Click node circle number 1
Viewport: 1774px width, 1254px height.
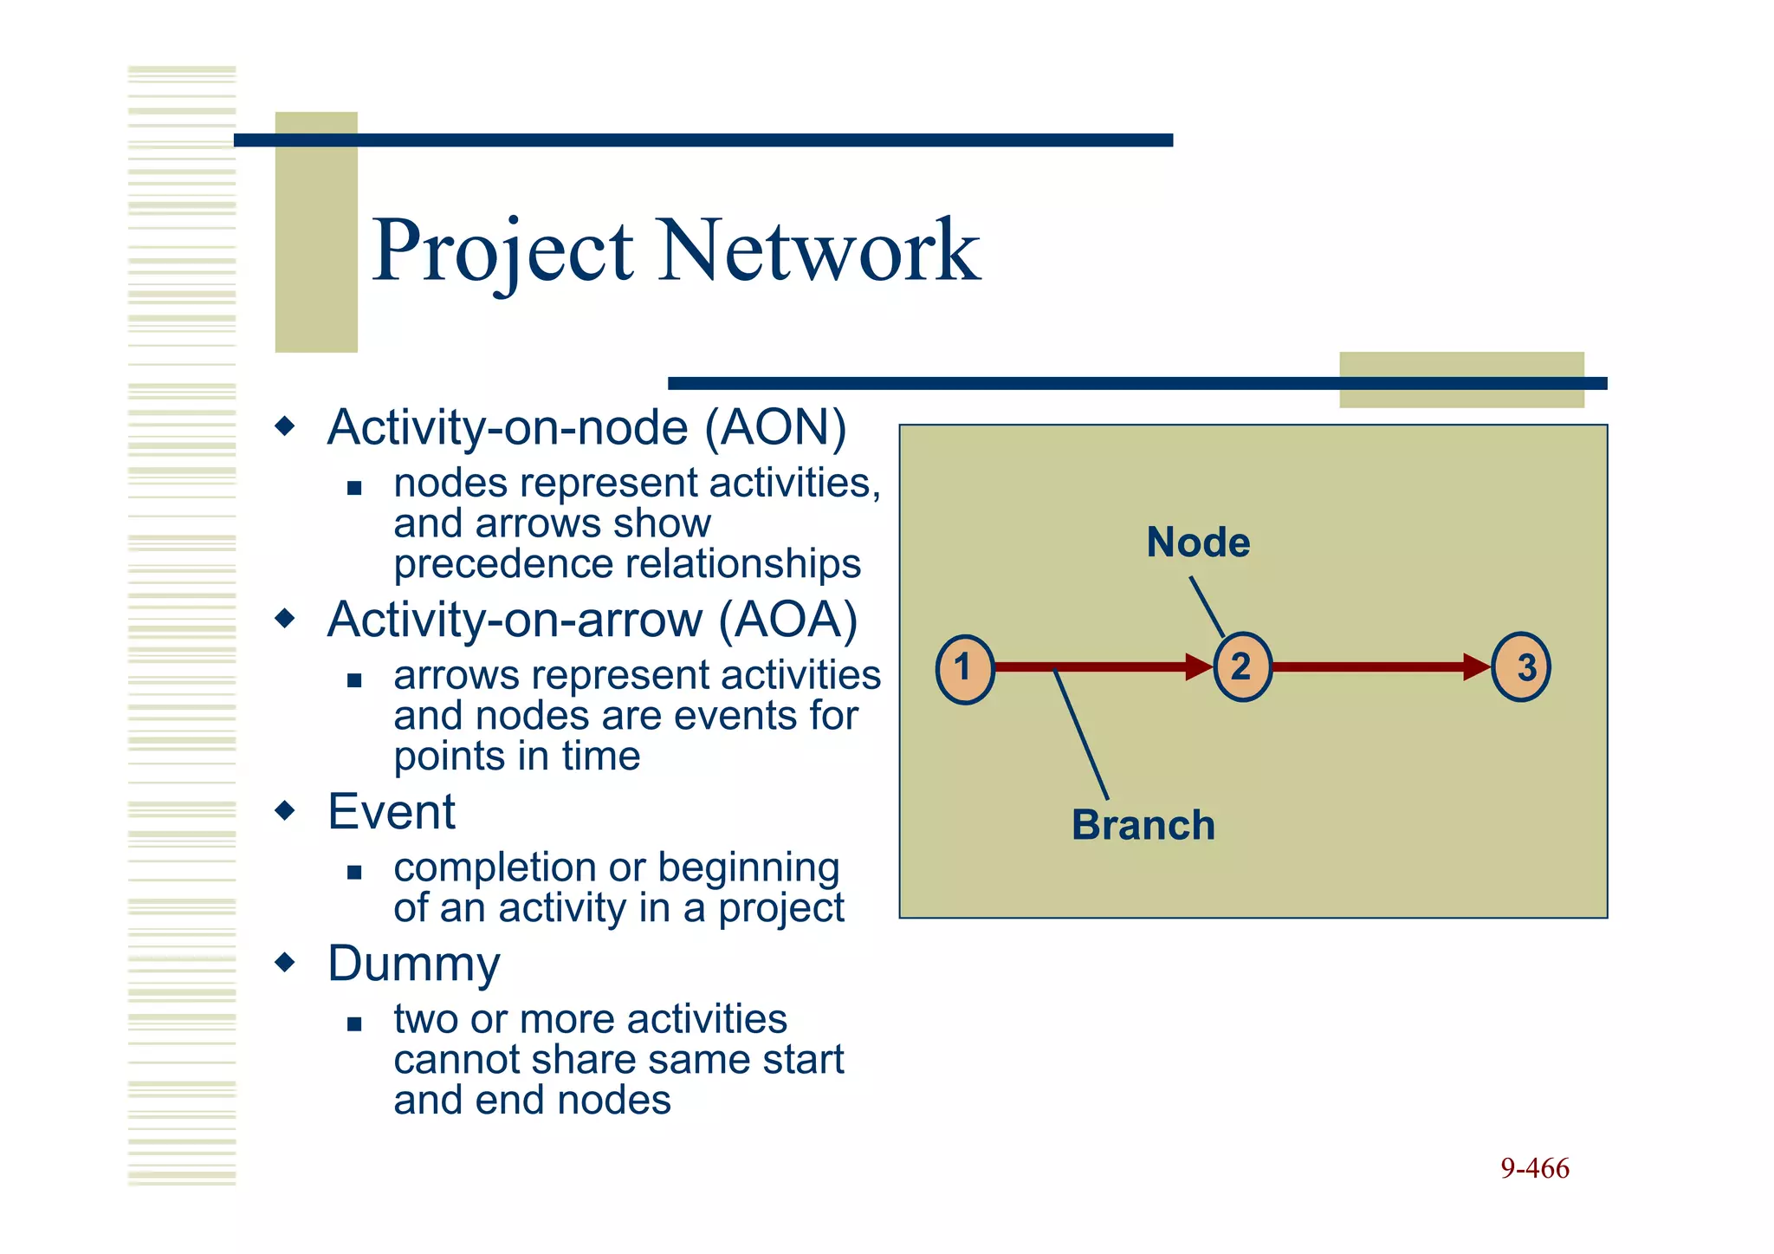[964, 669]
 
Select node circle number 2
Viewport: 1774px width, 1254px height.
[1242, 666]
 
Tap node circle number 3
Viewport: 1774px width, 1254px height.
[1521, 666]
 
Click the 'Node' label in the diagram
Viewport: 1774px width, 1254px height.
[1198, 543]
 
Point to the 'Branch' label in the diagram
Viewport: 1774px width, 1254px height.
[1143, 825]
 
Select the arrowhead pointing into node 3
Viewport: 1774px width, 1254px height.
[1476, 666]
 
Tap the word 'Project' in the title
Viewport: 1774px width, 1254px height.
[502, 251]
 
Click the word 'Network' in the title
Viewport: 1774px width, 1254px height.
[819, 251]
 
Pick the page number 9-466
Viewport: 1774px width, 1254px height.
[1534, 1168]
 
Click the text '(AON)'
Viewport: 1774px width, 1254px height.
[775, 428]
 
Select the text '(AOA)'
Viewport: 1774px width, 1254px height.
[787, 621]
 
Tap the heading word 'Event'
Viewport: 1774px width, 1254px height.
[391, 812]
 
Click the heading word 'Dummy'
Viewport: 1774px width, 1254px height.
[414, 964]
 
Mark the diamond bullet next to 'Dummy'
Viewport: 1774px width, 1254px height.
[285, 963]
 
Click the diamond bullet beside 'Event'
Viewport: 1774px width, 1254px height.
[285, 811]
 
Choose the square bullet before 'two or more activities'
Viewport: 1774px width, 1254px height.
[353, 1024]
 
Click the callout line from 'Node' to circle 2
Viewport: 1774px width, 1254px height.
[1207, 607]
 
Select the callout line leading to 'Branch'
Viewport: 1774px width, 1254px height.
[1081, 734]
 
